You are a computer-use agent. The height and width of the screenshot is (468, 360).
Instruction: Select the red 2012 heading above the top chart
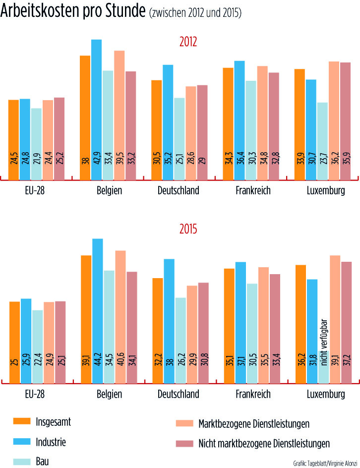click(x=188, y=42)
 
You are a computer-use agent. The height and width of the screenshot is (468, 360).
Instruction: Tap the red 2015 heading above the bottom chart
click(x=188, y=230)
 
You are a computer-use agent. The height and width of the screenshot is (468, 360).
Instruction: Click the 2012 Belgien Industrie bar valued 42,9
click(x=96, y=109)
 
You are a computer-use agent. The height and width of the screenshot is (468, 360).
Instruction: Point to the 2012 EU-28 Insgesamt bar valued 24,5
click(x=13, y=139)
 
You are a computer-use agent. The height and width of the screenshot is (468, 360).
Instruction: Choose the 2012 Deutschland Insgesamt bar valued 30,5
click(x=156, y=129)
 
